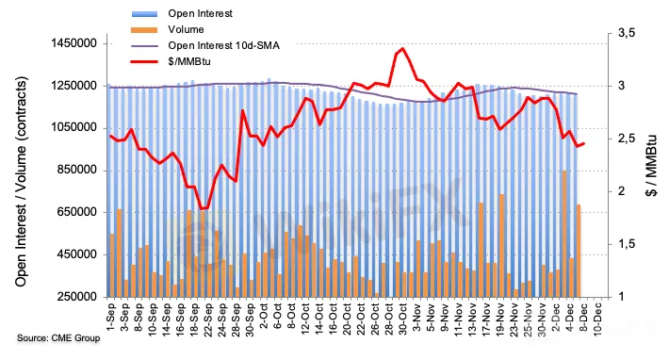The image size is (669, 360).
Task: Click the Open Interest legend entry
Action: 182,13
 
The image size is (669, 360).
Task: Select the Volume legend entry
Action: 168,29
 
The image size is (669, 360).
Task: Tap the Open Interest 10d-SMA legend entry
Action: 205,45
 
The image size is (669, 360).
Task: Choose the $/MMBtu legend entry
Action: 171,61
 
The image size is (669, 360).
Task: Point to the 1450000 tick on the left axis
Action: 80,43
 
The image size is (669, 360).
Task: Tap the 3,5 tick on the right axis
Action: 627,33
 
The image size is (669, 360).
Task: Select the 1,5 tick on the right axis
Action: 627,244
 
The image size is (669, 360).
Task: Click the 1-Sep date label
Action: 111,316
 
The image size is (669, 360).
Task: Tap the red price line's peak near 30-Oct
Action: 402,48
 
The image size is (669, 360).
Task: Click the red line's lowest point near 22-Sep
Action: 202,209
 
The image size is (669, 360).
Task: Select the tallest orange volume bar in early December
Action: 564,234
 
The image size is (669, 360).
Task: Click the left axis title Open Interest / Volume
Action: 21,182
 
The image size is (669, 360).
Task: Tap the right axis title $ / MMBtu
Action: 651,166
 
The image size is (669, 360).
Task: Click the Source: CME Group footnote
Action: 58,338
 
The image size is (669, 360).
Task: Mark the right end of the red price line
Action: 584,144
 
